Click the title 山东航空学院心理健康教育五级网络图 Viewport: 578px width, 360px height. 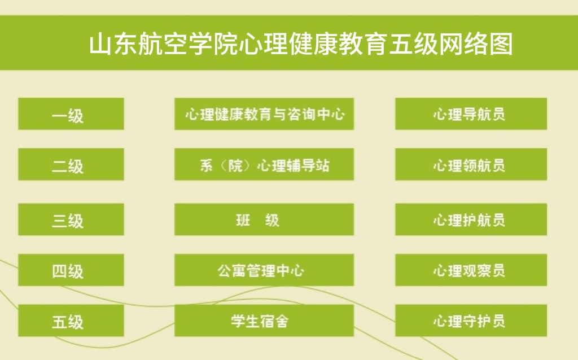(x=301, y=44)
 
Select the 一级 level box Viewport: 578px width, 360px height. (x=71, y=114)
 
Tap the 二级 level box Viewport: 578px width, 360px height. (x=71, y=164)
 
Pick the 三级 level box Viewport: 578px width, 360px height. (x=71, y=219)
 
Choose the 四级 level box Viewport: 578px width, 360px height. (x=71, y=270)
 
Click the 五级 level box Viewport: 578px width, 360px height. (x=71, y=321)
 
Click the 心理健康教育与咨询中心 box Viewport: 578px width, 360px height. (x=264, y=114)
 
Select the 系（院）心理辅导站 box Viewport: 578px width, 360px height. (x=264, y=164)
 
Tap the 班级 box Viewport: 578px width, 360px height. (x=264, y=219)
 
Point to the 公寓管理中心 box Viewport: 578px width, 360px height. (x=264, y=270)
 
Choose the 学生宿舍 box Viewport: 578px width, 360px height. (x=264, y=321)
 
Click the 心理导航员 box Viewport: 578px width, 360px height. (x=471, y=114)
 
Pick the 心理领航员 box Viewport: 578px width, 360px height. (x=471, y=164)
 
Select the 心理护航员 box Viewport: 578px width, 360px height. (x=471, y=219)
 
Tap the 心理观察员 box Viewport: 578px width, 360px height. (x=471, y=270)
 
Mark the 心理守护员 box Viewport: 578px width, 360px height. (x=471, y=321)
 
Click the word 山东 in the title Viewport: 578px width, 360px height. (x=113, y=44)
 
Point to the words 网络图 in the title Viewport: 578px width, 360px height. (x=476, y=44)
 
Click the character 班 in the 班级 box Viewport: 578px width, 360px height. (x=243, y=221)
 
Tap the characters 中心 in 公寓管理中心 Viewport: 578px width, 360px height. (x=291, y=271)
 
